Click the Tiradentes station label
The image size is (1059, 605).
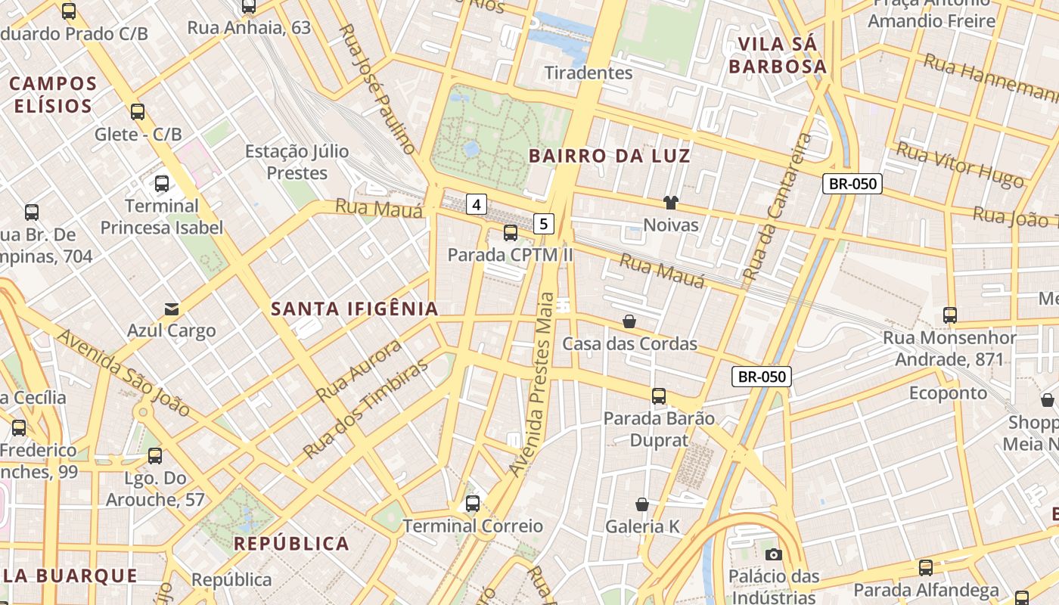[x=589, y=73]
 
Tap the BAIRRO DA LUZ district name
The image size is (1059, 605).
[x=609, y=156]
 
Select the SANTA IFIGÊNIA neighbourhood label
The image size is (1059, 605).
[x=355, y=309]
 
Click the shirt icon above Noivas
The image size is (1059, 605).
[x=670, y=202]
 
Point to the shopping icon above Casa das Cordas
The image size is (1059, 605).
[x=629, y=321]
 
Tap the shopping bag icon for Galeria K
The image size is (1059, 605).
[x=642, y=504]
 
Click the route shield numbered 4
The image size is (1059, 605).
[x=476, y=203]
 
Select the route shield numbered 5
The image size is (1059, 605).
[x=544, y=223]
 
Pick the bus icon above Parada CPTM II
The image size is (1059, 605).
[x=511, y=232]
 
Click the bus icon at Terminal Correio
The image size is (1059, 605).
[x=473, y=503]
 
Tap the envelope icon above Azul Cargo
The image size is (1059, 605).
[x=172, y=309]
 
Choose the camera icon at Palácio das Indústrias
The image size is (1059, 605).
[x=773, y=554]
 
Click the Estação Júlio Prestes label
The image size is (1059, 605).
[x=297, y=162]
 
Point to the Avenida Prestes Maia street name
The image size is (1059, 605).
[x=537, y=384]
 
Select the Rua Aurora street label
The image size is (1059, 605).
[x=359, y=371]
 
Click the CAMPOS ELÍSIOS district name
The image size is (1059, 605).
[x=54, y=95]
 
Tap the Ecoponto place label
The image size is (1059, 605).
[x=948, y=392]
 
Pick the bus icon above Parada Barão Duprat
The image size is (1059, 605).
[x=659, y=396]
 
